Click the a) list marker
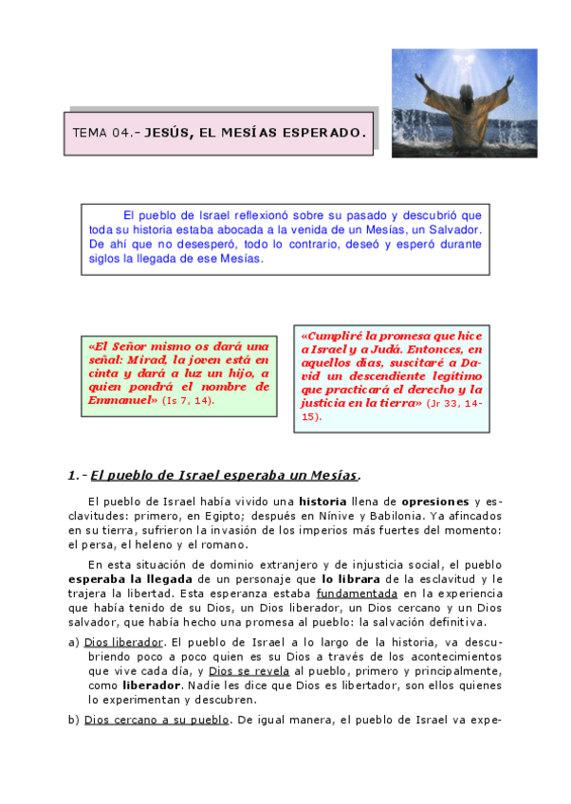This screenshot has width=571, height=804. [74, 642]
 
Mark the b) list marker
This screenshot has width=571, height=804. [74, 720]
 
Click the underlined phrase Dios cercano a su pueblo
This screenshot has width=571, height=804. [157, 720]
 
